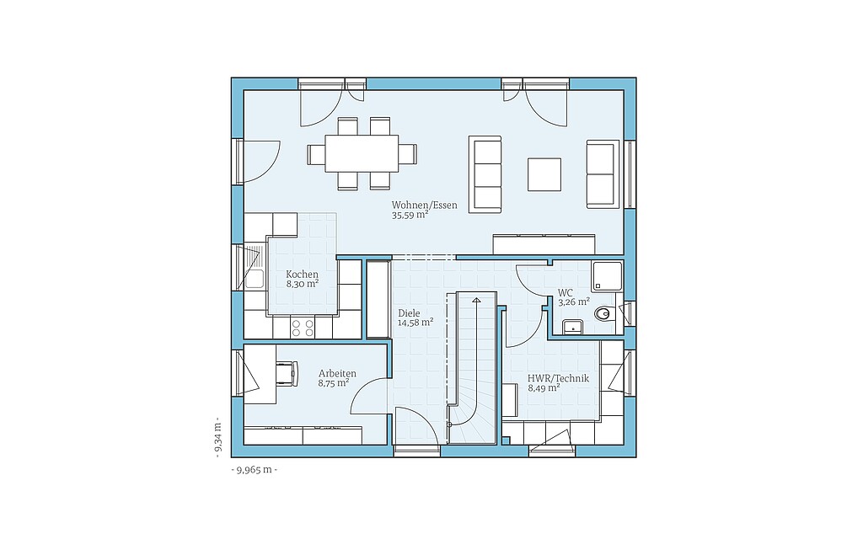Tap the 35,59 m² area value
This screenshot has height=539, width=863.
coord(410,216)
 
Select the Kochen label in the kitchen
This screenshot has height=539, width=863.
coord(303,274)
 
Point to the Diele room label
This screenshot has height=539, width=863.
coord(409,313)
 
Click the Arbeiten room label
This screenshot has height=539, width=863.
coord(337,373)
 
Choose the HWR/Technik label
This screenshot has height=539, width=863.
coord(558,378)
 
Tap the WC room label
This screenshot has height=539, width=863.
coord(566,292)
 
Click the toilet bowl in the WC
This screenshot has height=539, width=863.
coord(603,314)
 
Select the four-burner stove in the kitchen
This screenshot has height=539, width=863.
coord(303,328)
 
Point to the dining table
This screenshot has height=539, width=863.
coord(362,153)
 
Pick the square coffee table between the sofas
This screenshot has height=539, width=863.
coord(544,174)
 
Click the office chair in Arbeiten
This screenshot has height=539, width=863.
coord(287,373)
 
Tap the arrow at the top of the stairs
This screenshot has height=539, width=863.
coord(476,300)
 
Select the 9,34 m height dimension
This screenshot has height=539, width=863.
coord(218,437)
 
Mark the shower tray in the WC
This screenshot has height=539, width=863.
coord(607,276)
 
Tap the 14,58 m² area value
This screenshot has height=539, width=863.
coord(415,323)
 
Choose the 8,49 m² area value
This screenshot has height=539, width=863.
coord(544,388)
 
